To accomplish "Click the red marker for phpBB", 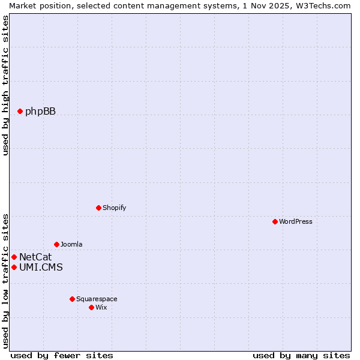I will [x=20, y=111].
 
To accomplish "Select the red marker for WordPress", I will [x=275, y=221].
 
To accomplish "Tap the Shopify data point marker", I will [x=98, y=208].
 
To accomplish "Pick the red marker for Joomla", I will [x=56, y=244].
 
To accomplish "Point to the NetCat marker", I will [x=14, y=257].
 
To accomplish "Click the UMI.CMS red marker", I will [x=14, y=267].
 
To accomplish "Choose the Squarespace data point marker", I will [x=72, y=299].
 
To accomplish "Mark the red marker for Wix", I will [x=91, y=307].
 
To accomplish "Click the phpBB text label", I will [x=40, y=111].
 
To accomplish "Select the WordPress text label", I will [x=296, y=221].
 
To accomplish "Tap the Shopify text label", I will [x=114, y=208].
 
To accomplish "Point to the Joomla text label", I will [x=71, y=244].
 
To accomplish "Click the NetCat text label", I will [x=35, y=257].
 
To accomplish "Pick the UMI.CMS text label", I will [x=41, y=267].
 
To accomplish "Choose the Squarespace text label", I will [x=97, y=299].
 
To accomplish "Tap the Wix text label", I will [x=101, y=307].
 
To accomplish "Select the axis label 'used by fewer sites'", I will [x=62, y=355].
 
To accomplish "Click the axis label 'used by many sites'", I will [x=301, y=355].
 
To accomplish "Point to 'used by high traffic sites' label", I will [x=5, y=85].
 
